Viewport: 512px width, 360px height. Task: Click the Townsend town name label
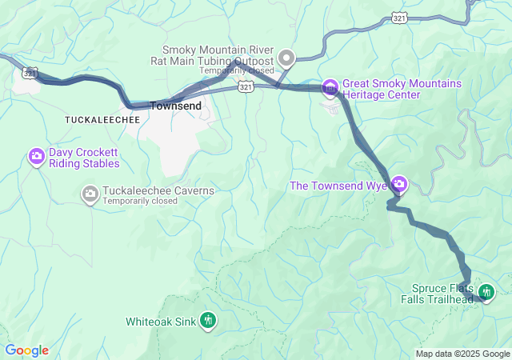pyautogui.click(x=174, y=105)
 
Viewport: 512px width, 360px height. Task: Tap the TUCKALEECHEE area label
pyautogui.click(x=102, y=119)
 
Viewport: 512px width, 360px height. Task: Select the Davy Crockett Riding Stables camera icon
pyautogui.click(x=36, y=157)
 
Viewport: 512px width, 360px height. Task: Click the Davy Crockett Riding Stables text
pyautogui.click(x=84, y=158)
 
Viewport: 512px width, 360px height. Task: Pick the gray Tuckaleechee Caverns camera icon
pyautogui.click(x=90, y=193)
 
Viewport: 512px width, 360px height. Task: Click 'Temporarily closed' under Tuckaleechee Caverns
pyautogui.click(x=139, y=202)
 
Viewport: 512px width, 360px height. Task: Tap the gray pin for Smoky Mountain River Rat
pyautogui.click(x=286, y=58)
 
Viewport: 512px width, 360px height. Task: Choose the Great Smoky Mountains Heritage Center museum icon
pyautogui.click(x=330, y=87)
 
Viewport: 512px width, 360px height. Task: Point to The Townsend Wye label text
pyautogui.click(x=338, y=186)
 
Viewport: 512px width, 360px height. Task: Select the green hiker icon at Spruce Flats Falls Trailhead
pyautogui.click(x=486, y=293)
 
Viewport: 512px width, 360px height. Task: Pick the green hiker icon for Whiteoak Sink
pyautogui.click(x=208, y=321)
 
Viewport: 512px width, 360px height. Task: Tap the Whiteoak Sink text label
pyautogui.click(x=160, y=322)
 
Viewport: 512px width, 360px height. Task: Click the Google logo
pyautogui.click(x=26, y=350)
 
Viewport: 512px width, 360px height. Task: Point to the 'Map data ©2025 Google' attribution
pyautogui.click(x=462, y=354)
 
